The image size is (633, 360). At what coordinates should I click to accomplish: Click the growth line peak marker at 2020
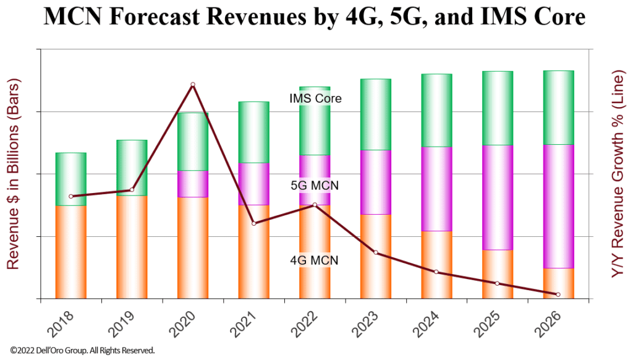tap(193, 85)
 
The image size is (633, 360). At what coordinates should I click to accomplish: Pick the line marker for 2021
tap(253, 223)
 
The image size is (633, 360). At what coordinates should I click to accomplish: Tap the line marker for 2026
tap(558, 294)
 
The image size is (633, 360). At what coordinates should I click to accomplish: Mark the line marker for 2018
tap(71, 197)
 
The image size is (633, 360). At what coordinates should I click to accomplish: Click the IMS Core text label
tap(315, 98)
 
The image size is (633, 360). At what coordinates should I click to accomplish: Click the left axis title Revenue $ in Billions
tap(14, 174)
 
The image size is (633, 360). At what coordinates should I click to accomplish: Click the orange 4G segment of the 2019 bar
tap(132, 247)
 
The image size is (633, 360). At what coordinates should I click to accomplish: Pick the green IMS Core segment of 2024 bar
tap(436, 110)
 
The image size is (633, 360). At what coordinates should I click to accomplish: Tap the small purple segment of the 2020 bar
tap(193, 184)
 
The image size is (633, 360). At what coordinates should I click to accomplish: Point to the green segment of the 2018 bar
tap(71, 179)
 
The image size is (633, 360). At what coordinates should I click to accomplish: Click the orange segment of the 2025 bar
tap(498, 274)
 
